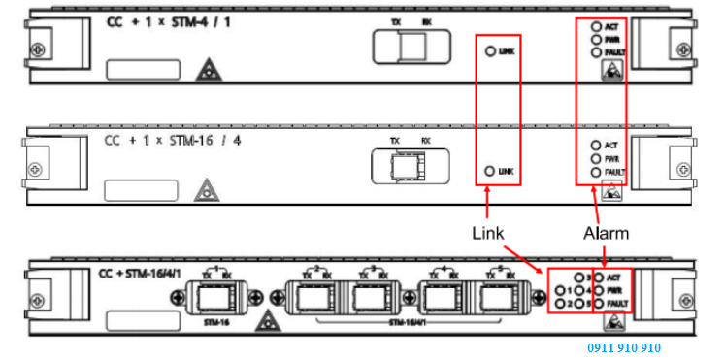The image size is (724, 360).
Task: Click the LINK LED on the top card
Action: click(x=490, y=50)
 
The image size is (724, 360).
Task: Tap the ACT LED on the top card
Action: click(x=596, y=25)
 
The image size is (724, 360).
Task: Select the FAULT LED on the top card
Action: click(x=596, y=52)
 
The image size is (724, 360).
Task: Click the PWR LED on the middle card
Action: click(x=596, y=158)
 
